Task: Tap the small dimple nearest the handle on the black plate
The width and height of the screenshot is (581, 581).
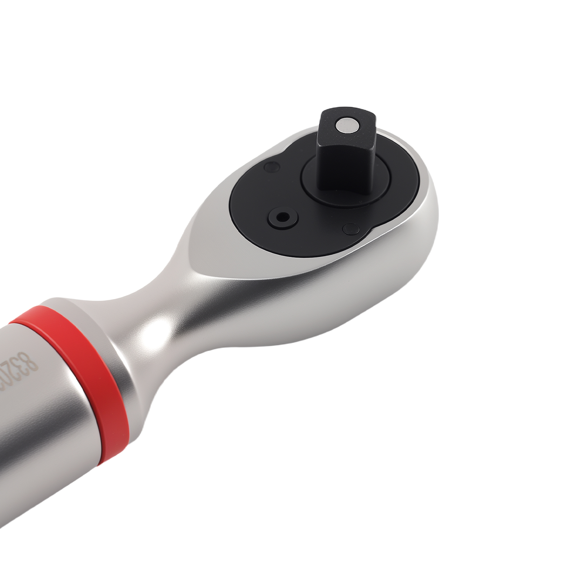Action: [270, 167]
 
